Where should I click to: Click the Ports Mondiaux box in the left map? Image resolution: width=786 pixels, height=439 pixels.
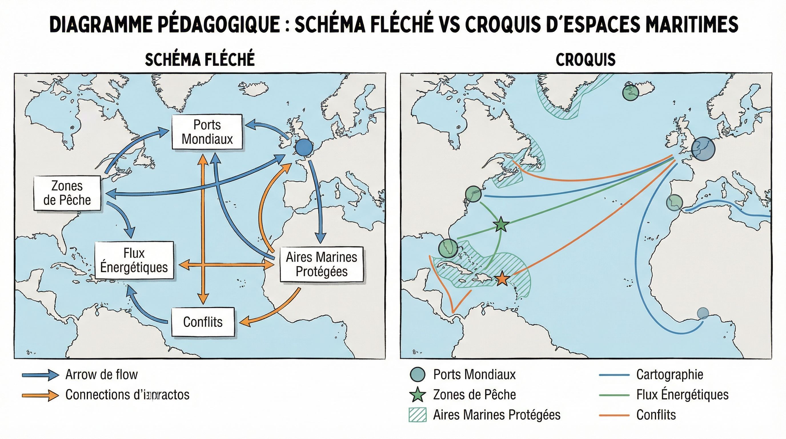coord(207,132)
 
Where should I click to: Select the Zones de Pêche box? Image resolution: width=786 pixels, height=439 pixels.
coord(67,193)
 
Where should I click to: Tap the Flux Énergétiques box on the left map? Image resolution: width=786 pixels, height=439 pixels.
coord(134,260)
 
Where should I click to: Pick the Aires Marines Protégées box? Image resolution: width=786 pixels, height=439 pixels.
coord(322,264)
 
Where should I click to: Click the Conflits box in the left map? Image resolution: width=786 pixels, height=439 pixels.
coord(203,322)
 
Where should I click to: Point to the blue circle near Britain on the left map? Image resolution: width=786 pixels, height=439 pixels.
coord(304,147)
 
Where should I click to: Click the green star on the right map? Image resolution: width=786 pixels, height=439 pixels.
coord(501,225)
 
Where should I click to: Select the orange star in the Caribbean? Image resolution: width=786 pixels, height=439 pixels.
coord(502,279)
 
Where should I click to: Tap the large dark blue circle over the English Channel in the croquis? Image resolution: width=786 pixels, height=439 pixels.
coord(703,149)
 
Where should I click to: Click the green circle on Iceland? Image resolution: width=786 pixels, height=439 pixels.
coord(631,93)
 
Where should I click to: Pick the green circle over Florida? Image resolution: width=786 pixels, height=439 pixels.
coord(448,248)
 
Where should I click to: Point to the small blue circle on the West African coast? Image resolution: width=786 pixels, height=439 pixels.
coord(703,313)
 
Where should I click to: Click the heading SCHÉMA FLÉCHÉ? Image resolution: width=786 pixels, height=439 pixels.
coord(200,59)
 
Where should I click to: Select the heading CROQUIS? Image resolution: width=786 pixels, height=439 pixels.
coord(586,59)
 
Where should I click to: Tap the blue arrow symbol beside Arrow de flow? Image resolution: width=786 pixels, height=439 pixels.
coord(40,375)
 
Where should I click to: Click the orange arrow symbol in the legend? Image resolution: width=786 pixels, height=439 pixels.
coord(40,395)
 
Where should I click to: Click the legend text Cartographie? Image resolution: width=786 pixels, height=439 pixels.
coord(669,375)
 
